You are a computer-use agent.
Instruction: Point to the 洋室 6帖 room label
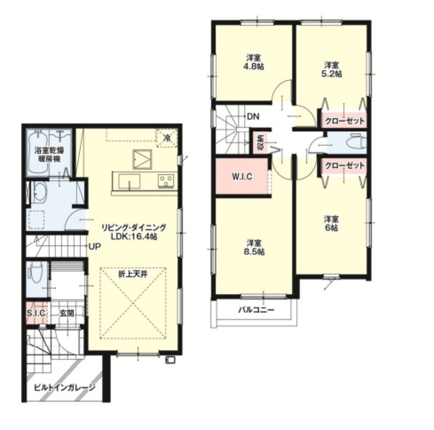tap(331, 224)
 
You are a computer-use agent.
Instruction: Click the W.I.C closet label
tap(242, 176)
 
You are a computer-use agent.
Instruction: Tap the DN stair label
tap(253, 117)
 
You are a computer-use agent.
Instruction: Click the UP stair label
tap(94, 246)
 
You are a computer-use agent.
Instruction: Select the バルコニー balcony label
tap(256, 310)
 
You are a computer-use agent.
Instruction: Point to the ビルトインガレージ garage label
tap(65, 387)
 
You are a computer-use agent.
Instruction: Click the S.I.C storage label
tap(36, 313)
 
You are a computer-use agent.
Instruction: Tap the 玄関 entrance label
tap(67, 313)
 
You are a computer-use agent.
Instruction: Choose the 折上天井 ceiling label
tap(133, 275)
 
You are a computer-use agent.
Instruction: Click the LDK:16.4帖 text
tap(134, 237)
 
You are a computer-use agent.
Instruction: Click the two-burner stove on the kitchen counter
tap(166, 181)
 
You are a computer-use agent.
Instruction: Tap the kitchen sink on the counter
tap(129, 182)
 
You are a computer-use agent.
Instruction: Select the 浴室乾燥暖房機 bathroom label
tap(49, 155)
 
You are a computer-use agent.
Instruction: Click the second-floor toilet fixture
tap(357, 142)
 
